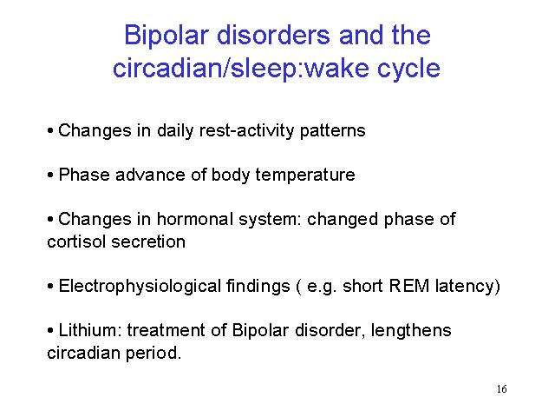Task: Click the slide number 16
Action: click(x=501, y=389)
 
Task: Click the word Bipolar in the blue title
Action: click(x=166, y=36)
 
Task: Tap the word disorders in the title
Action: click(x=273, y=35)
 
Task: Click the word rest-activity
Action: click(x=246, y=131)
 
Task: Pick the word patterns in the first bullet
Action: click(x=332, y=131)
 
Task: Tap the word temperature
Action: click(x=305, y=175)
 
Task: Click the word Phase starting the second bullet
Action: click(x=84, y=175)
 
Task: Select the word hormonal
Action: click(x=194, y=219)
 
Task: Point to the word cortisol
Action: click(x=76, y=242)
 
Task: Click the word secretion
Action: click(x=148, y=242)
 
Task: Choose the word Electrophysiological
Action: click(x=140, y=287)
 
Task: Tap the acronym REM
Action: click(x=408, y=286)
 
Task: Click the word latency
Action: click(x=465, y=287)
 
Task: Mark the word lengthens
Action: click(x=411, y=331)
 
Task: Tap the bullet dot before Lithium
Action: click(x=50, y=331)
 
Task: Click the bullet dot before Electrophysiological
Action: click(x=50, y=287)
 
